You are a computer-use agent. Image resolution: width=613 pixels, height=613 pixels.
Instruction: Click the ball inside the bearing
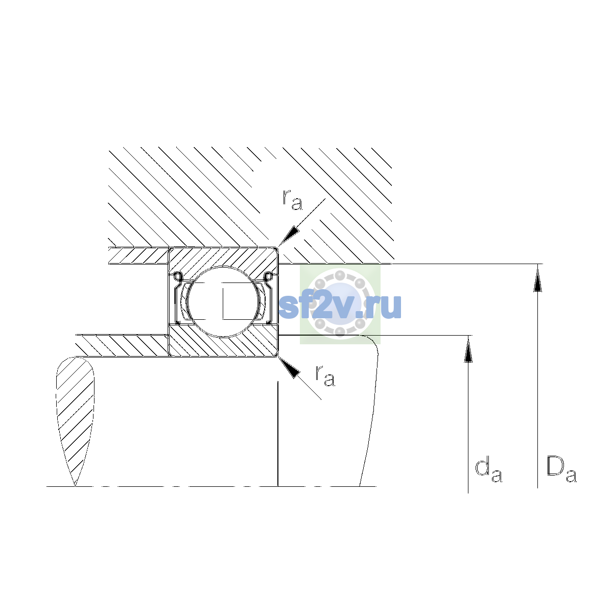tap(223, 301)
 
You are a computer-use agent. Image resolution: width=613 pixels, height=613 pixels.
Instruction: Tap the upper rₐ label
tap(292, 200)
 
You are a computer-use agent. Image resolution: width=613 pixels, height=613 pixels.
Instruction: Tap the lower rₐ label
tap(325, 375)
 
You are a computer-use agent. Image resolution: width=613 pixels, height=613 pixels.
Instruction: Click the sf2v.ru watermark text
tap(340, 306)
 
